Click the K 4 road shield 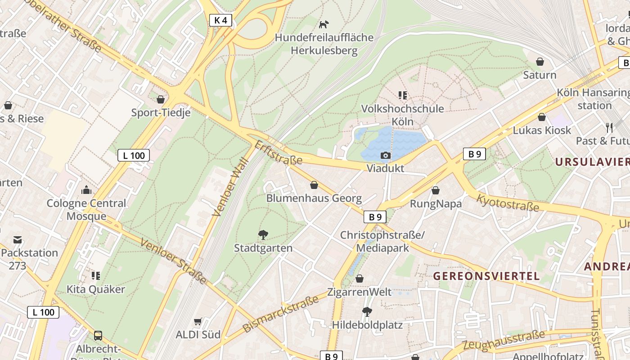click(x=221, y=20)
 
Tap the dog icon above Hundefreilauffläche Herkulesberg click(x=324, y=24)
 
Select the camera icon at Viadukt click(x=385, y=155)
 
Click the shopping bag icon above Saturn click(x=540, y=62)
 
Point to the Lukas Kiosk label click(x=542, y=130)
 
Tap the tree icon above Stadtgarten click(x=263, y=234)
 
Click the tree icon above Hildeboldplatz click(x=367, y=311)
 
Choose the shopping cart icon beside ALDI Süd click(x=198, y=321)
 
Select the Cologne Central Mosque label click(x=86, y=209)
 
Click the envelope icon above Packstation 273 click(x=18, y=239)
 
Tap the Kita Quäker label click(x=96, y=289)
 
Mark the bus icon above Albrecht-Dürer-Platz click(x=98, y=336)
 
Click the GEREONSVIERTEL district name click(x=486, y=276)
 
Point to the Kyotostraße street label click(x=507, y=203)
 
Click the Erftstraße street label click(x=278, y=153)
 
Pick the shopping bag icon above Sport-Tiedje click(x=161, y=99)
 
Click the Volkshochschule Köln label click(x=402, y=115)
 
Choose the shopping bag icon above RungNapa click(x=435, y=190)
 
